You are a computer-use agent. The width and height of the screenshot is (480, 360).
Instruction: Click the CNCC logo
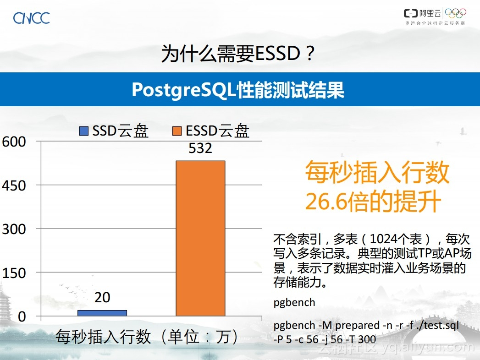(31, 18)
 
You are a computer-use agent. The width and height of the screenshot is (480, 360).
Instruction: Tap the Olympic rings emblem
(455, 13)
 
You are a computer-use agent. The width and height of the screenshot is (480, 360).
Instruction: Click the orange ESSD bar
(200, 238)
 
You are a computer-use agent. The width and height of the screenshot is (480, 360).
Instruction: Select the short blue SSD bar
(102, 313)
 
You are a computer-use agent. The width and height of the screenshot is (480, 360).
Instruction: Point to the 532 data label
(200, 148)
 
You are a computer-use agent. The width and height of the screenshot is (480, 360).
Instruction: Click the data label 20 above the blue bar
(102, 297)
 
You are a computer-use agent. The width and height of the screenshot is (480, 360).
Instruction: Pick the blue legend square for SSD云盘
(84, 131)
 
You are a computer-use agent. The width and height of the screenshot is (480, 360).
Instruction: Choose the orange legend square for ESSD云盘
(177, 131)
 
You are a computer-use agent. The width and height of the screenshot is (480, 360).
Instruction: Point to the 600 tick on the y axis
(14, 142)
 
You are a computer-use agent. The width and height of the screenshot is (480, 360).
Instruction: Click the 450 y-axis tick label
(14, 185)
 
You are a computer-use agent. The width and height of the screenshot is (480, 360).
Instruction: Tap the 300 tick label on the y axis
(14, 229)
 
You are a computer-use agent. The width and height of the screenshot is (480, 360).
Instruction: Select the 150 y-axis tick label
(14, 273)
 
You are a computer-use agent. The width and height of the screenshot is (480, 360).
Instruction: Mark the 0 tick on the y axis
(22, 316)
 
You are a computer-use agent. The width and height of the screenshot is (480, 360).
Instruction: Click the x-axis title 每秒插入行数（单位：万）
(147, 337)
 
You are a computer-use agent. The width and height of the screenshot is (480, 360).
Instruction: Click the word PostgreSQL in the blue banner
(184, 90)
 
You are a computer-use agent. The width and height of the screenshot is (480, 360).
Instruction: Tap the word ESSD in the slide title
(277, 53)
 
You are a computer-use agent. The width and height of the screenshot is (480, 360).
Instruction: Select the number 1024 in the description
(385, 239)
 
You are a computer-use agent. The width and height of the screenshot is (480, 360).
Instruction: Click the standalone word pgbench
(294, 302)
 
